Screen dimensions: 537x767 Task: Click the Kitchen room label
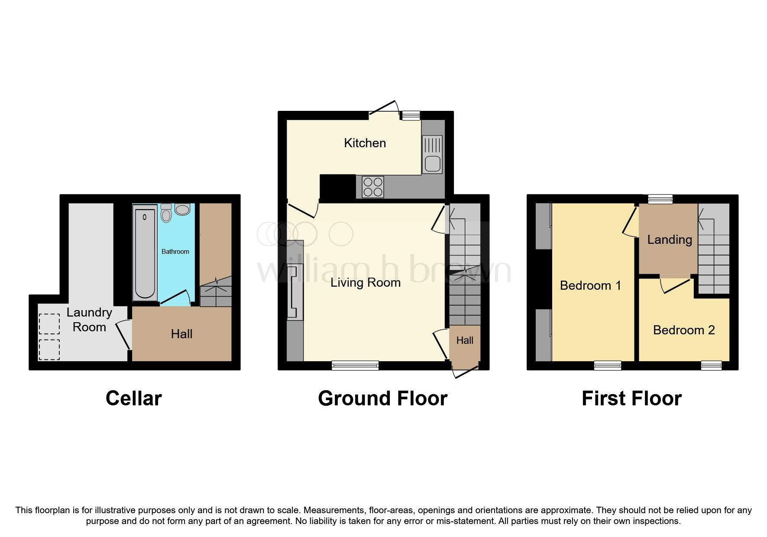(x=365, y=143)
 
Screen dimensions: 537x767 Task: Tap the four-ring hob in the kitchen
(x=373, y=187)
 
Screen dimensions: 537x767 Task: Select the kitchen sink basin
(x=433, y=164)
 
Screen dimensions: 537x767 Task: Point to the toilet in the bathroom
(x=166, y=213)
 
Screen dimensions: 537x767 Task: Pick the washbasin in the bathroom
(x=182, y=210)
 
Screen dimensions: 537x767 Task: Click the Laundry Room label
(x=89, y=320)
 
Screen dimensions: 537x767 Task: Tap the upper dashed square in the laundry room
(x=49, y=323)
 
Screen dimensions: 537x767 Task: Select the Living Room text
(x=365, y=283)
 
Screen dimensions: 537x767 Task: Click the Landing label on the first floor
(x=669, y=239)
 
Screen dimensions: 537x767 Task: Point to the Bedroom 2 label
(x=683, y=330)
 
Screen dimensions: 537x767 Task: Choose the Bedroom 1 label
(x=590, y=285)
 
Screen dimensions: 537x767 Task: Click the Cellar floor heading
(x=133, y=398)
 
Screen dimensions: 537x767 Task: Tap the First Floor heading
(x=631, y=398)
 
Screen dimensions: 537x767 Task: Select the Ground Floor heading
(x=382, y=398)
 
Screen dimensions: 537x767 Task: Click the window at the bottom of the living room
(x=355, y=366)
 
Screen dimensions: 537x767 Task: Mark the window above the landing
(x=660, y=199)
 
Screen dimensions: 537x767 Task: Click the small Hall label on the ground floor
(x=465, y=340)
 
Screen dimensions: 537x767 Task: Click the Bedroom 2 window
(x=711, y=366)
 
